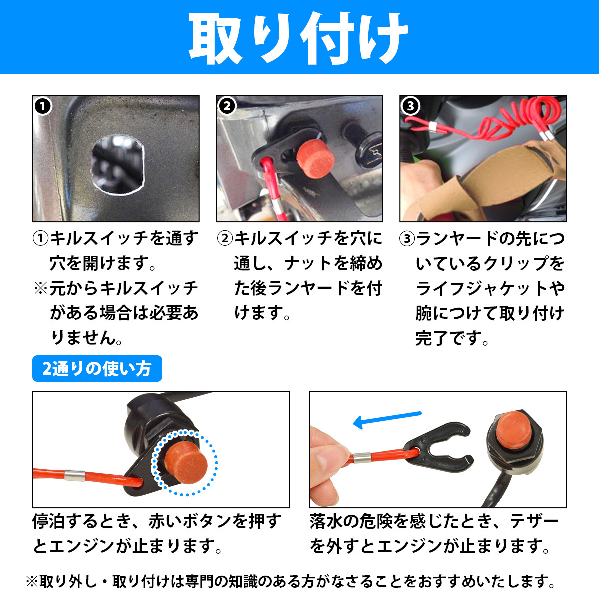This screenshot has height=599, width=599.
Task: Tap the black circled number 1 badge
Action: [43, 106]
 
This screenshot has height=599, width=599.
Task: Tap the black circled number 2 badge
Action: [227, 106]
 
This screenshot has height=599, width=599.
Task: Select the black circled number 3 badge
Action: [410, 106]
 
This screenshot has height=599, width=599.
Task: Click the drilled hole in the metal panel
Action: [117, 164]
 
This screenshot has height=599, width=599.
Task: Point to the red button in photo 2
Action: [315, 159]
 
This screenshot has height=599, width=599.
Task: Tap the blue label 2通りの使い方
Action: [97, 369]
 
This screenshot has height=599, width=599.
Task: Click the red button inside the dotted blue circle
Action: [186, 463]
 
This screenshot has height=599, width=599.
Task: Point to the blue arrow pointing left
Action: [387, 419]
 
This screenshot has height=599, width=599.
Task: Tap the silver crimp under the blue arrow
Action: [362, 458]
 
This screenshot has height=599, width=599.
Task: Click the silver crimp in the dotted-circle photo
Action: [74, 475]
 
